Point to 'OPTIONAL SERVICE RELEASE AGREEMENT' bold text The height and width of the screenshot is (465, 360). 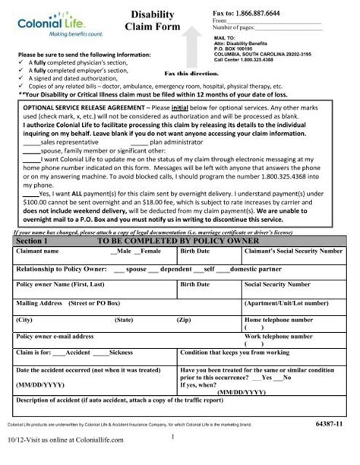83,109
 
